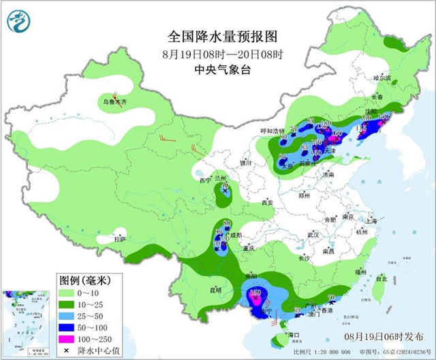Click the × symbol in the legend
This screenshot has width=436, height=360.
(x=67, y=349)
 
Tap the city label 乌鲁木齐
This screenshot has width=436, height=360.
(x=114, y=103)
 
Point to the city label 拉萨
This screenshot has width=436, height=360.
(x=120, y=239)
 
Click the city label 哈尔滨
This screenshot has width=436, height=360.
(x=383, y=78)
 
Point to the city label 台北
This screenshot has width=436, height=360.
(x=381, y=278)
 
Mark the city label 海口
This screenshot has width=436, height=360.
(x=294, y=336)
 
